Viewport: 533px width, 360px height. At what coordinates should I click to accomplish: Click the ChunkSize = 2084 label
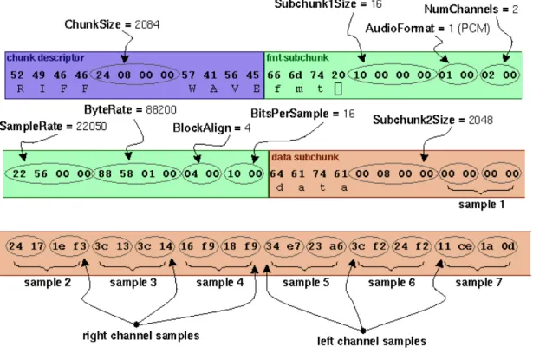pos(112,24)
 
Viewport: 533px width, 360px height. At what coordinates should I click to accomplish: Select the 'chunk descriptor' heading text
pos(46,57)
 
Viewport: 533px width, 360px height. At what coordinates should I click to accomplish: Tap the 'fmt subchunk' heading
pos(297,57)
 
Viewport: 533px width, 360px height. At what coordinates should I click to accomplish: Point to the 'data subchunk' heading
pos(305,157)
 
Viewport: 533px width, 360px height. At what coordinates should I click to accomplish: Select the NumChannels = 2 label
pos(471,10)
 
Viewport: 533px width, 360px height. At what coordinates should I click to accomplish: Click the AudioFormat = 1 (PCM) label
pos(427,29)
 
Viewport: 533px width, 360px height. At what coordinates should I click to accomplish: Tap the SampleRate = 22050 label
pos(53,127)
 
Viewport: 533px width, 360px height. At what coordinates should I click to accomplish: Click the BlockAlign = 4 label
pos(211,128)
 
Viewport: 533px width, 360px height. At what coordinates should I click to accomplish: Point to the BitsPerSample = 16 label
pos(302,114)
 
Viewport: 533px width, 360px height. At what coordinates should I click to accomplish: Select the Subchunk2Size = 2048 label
pos(432,120)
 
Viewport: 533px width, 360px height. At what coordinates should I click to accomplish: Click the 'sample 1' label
pos(481,205)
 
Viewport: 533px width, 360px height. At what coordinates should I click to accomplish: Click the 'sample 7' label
pos(478,282)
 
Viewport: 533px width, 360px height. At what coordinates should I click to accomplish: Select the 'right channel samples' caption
pos(141,336)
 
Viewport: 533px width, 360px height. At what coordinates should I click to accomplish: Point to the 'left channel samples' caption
pos(372,341)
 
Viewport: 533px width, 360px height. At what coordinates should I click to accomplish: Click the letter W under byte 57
pos(192,88)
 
